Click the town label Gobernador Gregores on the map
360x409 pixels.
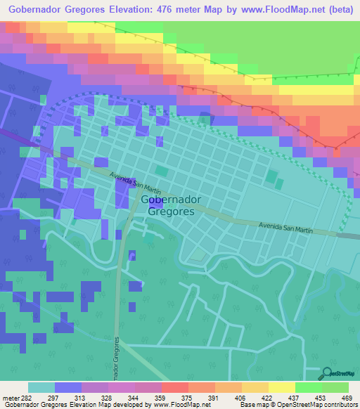click(x=171, y=205)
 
